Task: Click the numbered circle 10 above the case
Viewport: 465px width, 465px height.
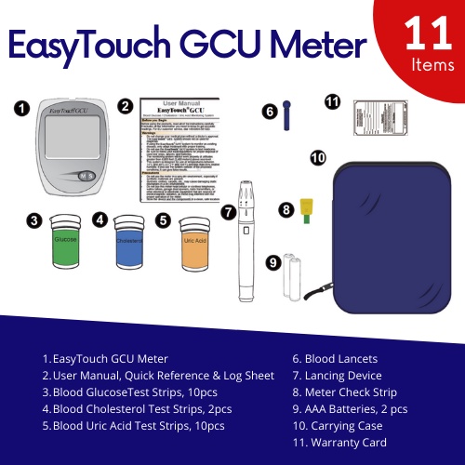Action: coord(318,158)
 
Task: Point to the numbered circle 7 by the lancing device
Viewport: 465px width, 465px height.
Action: coord(227,211)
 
